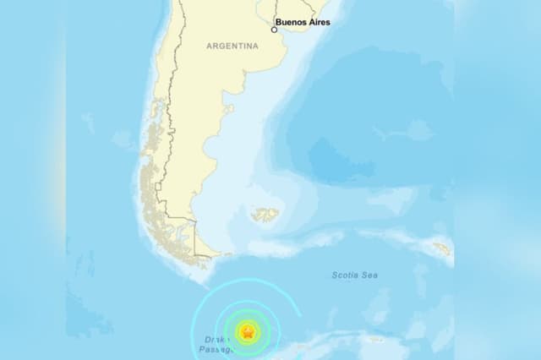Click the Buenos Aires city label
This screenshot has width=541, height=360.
[x=303, y=22]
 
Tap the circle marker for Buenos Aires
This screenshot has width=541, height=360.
[x=273, y=29]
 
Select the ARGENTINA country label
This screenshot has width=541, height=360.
[x=232, y=46]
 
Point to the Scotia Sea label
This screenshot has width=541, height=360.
[x=355, y=275]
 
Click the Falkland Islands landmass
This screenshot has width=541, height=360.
[x=265, y=215]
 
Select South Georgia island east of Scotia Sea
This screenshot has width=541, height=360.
[x=441, y=248]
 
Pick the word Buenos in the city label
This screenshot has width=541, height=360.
[x=292, y=22]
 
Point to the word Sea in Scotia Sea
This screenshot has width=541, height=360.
[x=369, y=275]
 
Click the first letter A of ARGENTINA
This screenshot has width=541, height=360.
[x=209, y=46]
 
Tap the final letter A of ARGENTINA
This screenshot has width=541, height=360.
[x=255, y=46]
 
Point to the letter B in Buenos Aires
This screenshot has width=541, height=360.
[x=280, y=22]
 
